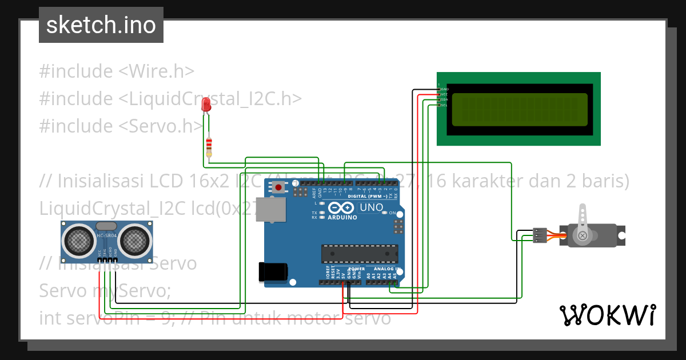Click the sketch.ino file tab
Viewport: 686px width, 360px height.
[x=101, y=25]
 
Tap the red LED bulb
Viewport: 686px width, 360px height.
[x=206, y=105]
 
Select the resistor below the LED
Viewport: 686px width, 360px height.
[x=209, y=146]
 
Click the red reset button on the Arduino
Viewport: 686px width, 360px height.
[x=279, y=187]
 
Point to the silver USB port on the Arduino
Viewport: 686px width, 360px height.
[x=270, y=209]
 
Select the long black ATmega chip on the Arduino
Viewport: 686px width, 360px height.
[x=360, y=253]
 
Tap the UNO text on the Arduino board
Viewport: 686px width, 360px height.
[x=371, y=207]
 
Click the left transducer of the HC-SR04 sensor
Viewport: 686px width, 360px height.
[x=78, y=239]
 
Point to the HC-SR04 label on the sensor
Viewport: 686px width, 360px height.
[x=107, y=235]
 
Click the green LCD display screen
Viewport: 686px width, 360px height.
[x=519, y=109]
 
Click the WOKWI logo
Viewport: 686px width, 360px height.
[x=607, y=315]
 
